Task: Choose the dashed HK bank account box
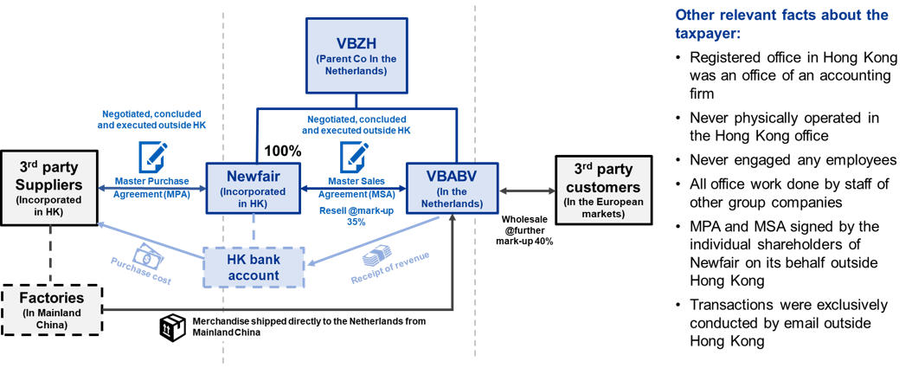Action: click(x=254, y=268)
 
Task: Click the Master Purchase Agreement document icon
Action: click(x=152, y=158)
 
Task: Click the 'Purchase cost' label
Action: click(x=131, y=273)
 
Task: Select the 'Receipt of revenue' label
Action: click(x=378, y=275)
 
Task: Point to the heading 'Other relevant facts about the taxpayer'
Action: click(x=780, y=23)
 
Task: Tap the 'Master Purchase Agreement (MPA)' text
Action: click(x=152, y=189)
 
